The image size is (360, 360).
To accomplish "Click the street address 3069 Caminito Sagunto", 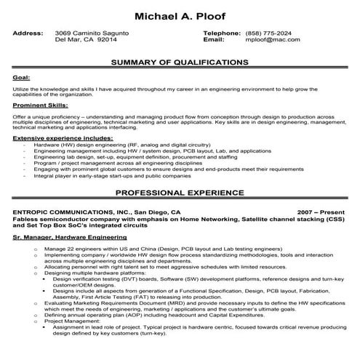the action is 92,33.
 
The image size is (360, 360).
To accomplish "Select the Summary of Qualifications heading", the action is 180,63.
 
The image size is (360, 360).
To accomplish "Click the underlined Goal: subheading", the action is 21,76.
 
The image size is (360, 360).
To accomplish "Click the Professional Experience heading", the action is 180,195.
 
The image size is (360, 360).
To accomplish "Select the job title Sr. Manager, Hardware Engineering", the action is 67,237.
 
